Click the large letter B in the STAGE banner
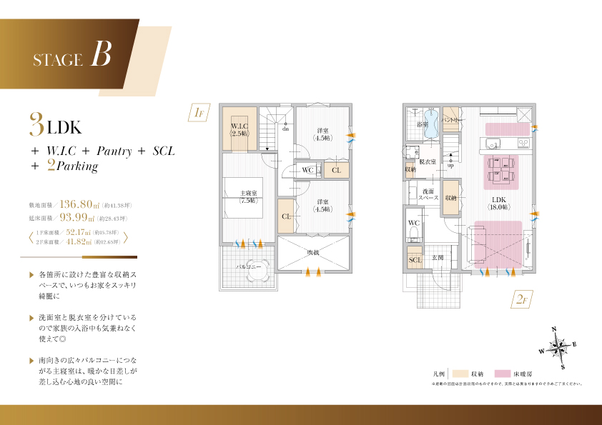pyautogui.click(x=101, y=55)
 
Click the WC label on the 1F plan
pyautogui.click(x=307, y=170)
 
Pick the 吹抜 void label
pyautogui.click(x=313, y=252)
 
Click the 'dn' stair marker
pyautogui.click(x=285, y=129)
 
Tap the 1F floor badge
pyautogui.click(x=199, y=113)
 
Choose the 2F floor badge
pyautogui.click(x=521, y=300)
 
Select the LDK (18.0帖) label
pyautogui.click(x=498, y=203)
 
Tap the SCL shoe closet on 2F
pyautogui.click(x=415, y=260)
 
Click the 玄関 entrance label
pyautogui.click(x=437, y=257)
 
